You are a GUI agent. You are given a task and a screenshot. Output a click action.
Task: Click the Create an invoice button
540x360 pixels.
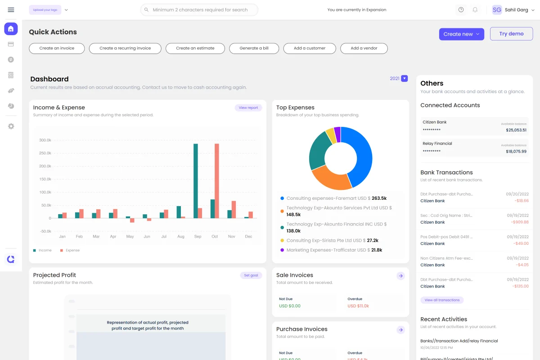[57, 48]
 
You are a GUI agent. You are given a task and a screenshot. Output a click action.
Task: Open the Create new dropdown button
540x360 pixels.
[461, 34]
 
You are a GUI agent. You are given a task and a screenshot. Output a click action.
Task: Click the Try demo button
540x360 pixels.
[511, 34]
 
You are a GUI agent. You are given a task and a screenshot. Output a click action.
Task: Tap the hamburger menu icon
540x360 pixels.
[11, 10]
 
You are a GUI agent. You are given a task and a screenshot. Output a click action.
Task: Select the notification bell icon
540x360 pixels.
[475, 10]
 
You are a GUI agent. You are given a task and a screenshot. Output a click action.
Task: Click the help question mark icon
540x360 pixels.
[461, 10]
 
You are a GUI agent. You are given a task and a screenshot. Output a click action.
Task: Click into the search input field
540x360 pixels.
[200, 10]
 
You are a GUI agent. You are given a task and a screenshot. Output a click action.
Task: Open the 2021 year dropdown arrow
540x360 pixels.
[404, 78]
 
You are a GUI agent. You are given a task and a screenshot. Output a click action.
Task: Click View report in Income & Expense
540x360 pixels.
[248, 108]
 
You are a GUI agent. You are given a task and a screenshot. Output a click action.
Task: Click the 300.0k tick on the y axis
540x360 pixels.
[45, 140]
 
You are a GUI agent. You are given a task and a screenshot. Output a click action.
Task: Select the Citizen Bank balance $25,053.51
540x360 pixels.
[516, 130]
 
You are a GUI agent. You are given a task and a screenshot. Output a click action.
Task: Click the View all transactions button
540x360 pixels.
[442, 300]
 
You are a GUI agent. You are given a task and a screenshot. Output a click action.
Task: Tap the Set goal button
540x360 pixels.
[251, 275]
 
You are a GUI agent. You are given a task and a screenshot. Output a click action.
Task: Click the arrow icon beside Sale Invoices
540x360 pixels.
[400, 276]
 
